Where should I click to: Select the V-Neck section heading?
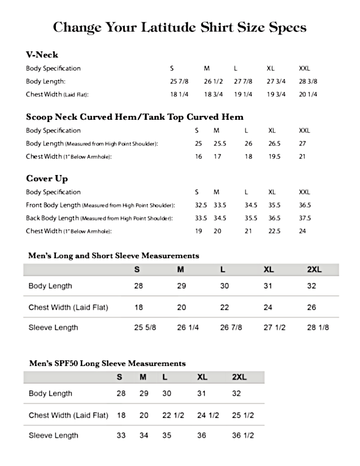coord(42,55)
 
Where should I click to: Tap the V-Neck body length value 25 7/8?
coord(179,81)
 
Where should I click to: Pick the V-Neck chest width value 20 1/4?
coord(307,94)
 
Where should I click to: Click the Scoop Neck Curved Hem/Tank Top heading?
coord(135,117)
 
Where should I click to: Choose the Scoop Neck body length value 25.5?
coord(219,143)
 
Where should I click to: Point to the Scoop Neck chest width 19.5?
coord(274,156)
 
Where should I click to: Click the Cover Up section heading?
coord(47,179)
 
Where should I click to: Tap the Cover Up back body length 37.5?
coord(305,218)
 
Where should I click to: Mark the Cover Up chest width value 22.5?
coord(274,231)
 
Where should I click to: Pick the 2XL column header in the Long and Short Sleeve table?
coord(315,270)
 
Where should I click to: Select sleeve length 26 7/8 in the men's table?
coord(231,328)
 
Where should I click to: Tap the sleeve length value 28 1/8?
coord(318,328)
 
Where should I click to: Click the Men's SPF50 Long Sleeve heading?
coord(107,363)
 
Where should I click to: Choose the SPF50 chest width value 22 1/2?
coord(173,415)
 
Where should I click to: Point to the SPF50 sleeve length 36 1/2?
coord(243,435)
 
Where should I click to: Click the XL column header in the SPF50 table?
coord(202,377)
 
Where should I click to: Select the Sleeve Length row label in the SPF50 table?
coord(53,435)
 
